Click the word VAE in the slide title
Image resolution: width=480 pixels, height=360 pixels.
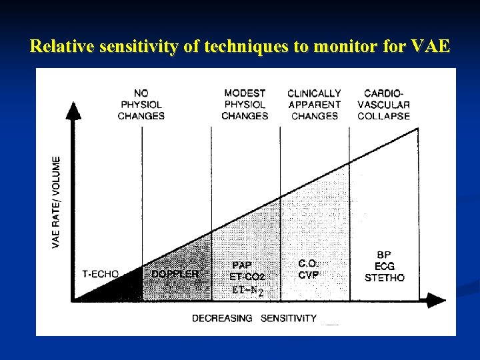[x=429, y=47]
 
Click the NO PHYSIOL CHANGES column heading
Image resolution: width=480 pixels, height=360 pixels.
[x=141, y=105]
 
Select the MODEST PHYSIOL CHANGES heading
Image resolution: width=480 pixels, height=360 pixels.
[x=245, y=105]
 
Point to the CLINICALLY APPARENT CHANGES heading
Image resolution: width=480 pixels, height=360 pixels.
[x=314, y=105]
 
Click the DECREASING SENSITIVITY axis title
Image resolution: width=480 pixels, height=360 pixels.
[x=254, y=318]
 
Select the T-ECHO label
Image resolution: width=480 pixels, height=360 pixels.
[x=101, y=274]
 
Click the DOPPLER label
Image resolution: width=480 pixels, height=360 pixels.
[x=175, y=274]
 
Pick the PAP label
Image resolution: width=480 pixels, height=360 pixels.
[x=242, y=265]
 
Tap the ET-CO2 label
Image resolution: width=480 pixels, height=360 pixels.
[x=247, y=277]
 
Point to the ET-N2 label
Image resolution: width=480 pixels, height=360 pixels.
[x=247, y=290]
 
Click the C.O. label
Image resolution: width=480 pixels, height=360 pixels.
[x=309, y=264]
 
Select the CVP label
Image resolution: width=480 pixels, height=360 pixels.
[x=309, y=275]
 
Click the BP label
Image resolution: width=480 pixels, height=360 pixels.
[x=384, y=255]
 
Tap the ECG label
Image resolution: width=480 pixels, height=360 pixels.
[x=384, y=266]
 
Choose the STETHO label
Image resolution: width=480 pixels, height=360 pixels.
[x=384, y=277]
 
